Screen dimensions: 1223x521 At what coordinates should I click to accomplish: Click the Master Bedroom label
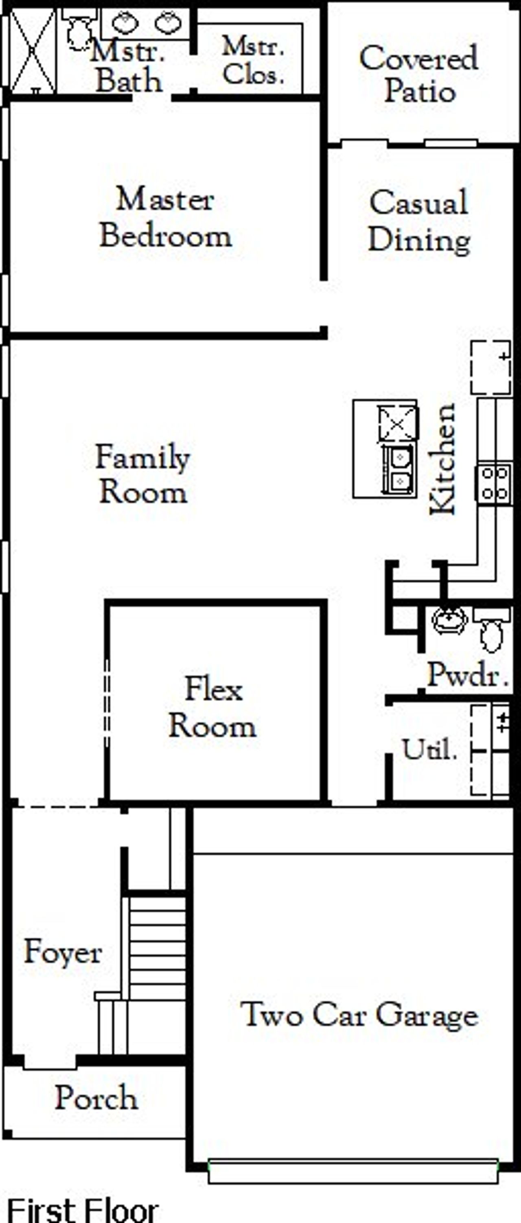165,217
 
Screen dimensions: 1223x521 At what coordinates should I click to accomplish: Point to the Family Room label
142,474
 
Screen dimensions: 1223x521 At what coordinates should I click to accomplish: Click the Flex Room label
213,707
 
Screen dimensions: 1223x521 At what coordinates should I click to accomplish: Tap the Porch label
96,1098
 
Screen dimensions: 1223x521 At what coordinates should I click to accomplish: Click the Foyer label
63,952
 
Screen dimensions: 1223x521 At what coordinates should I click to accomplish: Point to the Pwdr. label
467,674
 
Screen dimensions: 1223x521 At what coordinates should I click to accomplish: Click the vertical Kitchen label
442,459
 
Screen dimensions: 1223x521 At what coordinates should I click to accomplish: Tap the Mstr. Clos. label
253,61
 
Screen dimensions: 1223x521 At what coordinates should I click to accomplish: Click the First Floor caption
83,1210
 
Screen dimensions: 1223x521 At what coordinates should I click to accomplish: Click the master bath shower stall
32,50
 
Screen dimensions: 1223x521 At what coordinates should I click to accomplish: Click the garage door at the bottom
353,1172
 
